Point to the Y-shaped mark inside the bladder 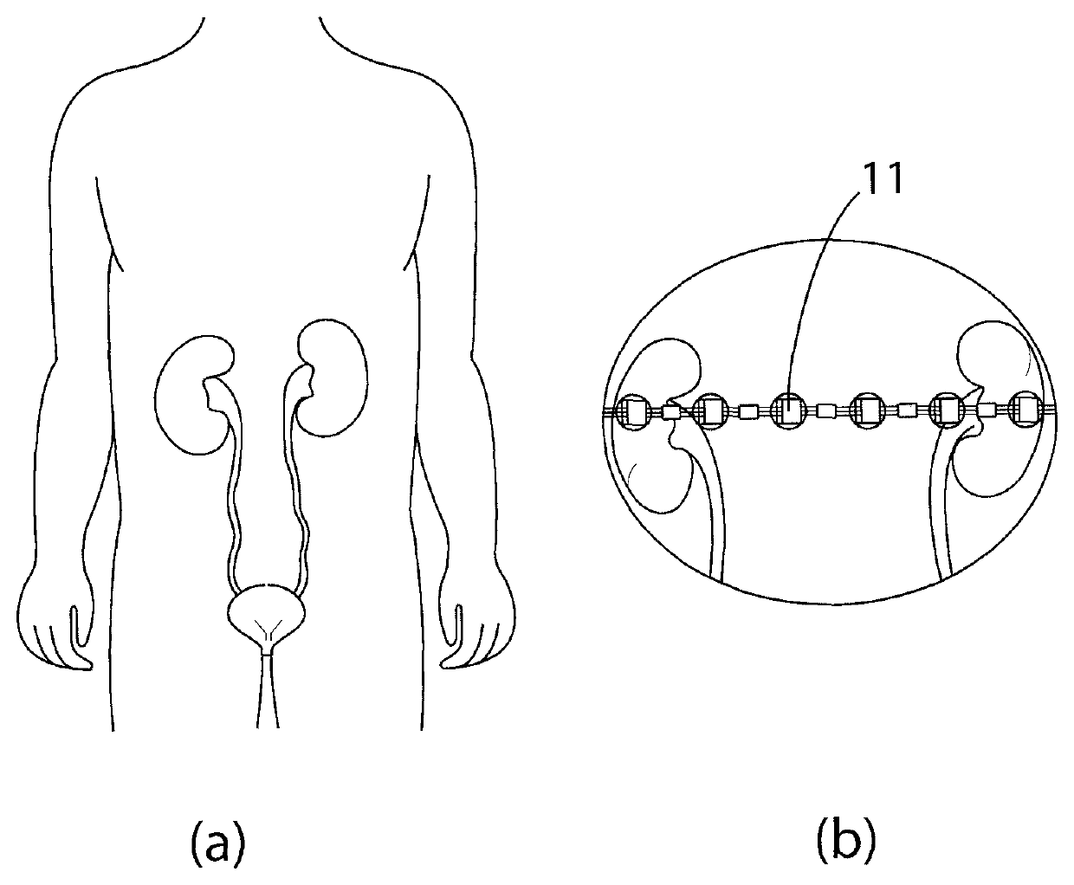click(268, 636)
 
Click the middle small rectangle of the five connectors click(827, 410)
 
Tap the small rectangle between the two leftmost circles click(671, 413)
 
